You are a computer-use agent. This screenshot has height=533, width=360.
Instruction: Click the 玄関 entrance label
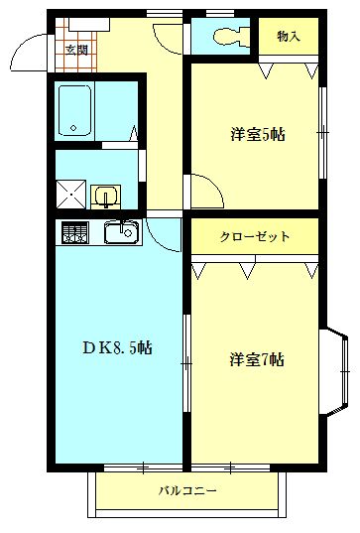point(76,48)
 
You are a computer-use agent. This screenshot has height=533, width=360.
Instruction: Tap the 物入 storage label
point(289,37)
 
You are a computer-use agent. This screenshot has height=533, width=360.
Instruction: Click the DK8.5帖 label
point(116,347)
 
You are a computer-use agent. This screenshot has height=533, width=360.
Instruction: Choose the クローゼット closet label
point(255,236)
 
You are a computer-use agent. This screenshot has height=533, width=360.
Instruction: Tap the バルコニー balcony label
point(187,490)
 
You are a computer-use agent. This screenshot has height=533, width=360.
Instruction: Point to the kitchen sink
point(121,233)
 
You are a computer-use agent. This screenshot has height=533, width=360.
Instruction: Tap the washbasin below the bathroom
point(105,195)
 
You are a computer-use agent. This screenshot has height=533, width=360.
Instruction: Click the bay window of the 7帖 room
point(338,373)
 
